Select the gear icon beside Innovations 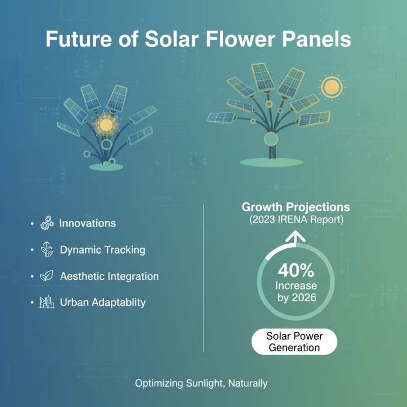pyautogui.click(x=47, y=224)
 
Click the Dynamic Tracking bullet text pyautogui.click(x=102, y=250)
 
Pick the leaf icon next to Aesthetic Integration pyautogui.click(x=47, y=276)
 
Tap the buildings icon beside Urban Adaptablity pyautogui.click(x=47, y=302)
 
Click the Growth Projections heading pyautogui.click(x=296, y=208)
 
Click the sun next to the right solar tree pyautogui.click(x=333, y=87)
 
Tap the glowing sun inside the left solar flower pyautogui.click(x=106, y=125)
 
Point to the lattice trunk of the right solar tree pyautogui.click(x=271, y=151)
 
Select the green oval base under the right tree pyautogui.click(x=270, y=162)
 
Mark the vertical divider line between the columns pyautogui.click(x=203, y=277)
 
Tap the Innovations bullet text pyautogui.click(x=88, y=223)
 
